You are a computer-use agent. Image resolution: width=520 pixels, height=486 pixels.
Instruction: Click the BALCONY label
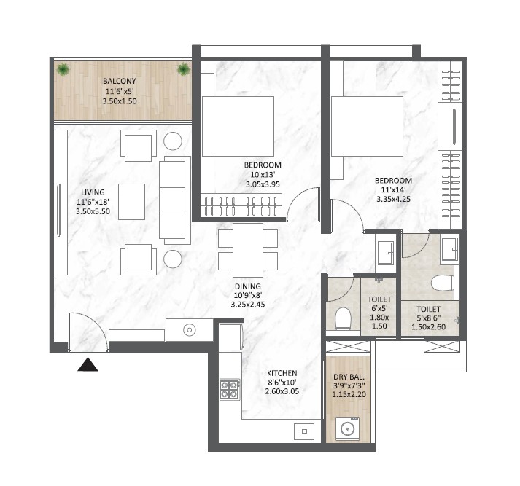tap(119, 81)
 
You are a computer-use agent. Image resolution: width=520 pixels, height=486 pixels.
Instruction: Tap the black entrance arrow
tap(88, 364)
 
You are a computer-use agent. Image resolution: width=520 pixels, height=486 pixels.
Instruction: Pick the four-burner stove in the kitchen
tap(230, 390)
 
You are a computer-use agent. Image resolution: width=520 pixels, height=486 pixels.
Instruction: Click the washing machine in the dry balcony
tap(348, 428)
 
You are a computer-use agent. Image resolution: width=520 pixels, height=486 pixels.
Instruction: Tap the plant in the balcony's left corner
tap(64, 70)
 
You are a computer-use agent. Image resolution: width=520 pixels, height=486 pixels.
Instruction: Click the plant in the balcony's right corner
tap(183, 70)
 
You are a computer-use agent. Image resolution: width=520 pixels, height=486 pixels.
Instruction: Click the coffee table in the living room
tap(131, 200)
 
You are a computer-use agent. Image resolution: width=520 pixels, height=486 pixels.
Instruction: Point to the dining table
tap(248, 249)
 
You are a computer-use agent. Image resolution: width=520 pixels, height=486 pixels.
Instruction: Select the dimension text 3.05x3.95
tap(263, 185)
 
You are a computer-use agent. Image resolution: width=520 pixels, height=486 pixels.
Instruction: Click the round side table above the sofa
tap(173, 141)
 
